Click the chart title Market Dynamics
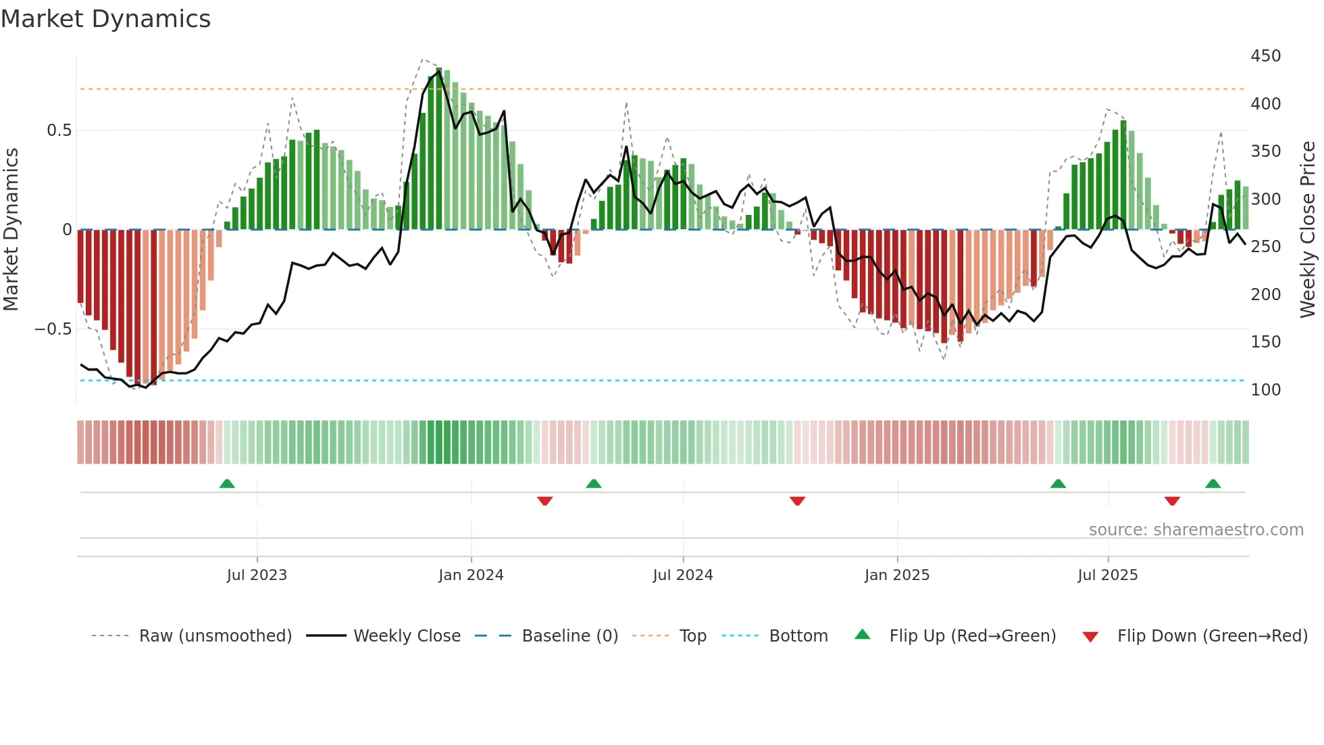105,19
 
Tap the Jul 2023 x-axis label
257,575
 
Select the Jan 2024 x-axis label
471,575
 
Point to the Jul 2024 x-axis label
683,575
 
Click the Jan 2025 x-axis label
897,575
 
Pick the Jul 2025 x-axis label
1108,575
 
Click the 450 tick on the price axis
1265,56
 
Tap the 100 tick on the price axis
1265,390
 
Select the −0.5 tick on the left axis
53,329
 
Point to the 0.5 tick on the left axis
59,130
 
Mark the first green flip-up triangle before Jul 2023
227,484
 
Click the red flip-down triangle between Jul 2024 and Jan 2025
797,501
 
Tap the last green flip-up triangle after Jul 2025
1213,484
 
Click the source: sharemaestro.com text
1196,530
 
